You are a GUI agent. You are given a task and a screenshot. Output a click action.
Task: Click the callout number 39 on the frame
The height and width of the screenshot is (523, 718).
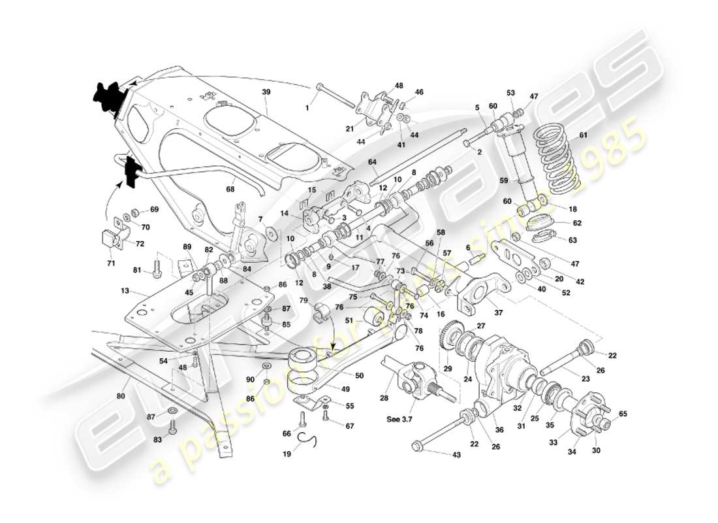[266, 93]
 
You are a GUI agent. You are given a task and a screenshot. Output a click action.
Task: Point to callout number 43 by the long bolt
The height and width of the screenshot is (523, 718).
[455, 454]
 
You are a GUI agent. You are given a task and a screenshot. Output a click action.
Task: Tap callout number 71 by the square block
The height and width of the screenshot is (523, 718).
[111, 263]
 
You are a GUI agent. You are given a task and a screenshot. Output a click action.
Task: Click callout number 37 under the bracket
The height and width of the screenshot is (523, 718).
[499, 312]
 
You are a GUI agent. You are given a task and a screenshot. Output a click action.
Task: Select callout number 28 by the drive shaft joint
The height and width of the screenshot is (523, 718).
[384, 398]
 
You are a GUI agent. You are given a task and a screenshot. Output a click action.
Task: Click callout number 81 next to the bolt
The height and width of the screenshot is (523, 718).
[136, 270]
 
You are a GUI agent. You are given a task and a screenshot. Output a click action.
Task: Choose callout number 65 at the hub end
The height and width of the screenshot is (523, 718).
[623, 414]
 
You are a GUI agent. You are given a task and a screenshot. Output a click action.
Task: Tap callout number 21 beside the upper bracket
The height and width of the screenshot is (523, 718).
[350, 128]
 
